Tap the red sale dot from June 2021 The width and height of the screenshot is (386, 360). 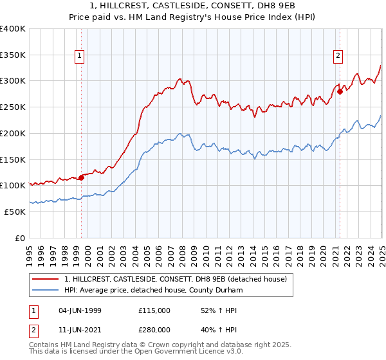pyautogui.click(x=340, y=91)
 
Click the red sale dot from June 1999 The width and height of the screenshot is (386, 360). pyautogui.click(x=82, y=177)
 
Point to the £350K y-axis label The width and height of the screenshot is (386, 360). pyautogui.click(x=12, y=55)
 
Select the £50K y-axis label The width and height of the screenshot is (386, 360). pyautogui.click(x=14, y=212)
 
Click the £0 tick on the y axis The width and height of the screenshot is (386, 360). pyautogui.click(x=19, y=238)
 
